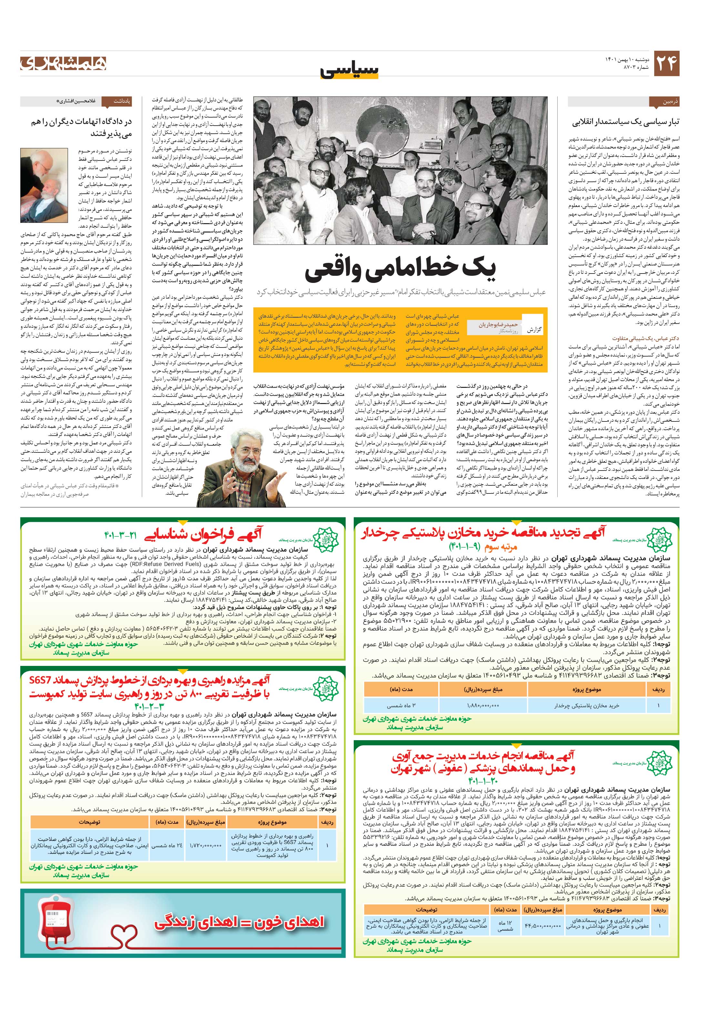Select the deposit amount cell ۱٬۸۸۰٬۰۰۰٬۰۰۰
click(x=483, y=706)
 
